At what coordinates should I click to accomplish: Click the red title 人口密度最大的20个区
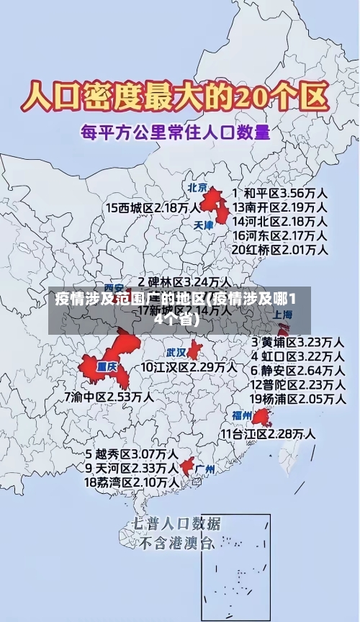[176, 96]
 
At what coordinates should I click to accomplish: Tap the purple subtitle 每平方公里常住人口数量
[175, 132]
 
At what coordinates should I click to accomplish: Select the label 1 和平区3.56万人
[280, 194]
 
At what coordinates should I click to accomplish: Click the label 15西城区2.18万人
[153, 207]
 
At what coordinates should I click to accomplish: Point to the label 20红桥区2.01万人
[280, 249]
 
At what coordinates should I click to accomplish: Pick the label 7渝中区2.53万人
[108, 396]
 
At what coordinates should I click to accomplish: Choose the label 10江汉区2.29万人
[189, 367]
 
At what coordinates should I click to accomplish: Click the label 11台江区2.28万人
[267, 433]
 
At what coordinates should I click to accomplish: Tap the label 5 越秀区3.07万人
[132, 454]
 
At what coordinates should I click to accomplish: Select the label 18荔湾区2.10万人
[132, 481]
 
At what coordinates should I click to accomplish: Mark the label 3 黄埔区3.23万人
[297, 341]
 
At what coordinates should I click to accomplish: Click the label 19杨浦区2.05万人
[297, 398]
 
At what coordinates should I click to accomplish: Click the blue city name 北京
[197, 187]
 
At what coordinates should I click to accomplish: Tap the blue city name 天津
[204, 225]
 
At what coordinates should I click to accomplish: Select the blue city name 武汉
[176, 353]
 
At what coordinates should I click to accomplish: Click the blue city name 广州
[205, 469]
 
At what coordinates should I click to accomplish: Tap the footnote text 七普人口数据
[177, 523]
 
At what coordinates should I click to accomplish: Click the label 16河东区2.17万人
[280, 235]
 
